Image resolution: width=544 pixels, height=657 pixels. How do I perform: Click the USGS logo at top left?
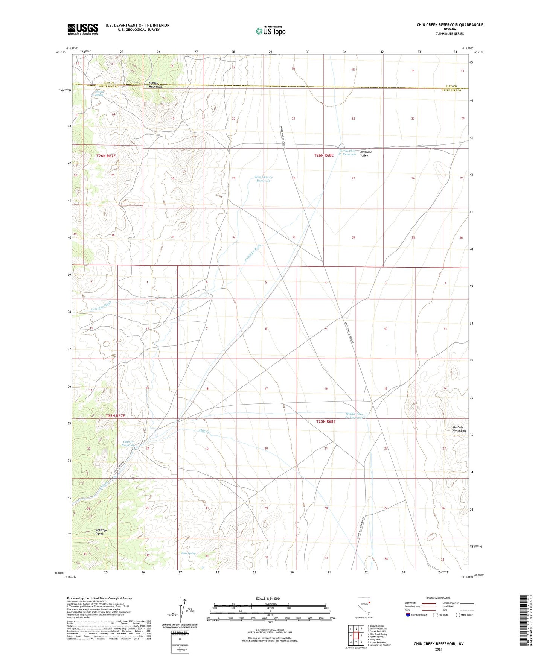pos(82,29)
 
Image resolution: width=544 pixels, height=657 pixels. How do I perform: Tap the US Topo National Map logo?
pos(270,30)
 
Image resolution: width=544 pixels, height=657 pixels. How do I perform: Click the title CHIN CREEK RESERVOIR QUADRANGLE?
pos(450,25)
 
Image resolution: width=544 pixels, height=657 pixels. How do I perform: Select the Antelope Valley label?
pos(366,153)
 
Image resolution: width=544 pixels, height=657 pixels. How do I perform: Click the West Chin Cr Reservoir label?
pos(263,179)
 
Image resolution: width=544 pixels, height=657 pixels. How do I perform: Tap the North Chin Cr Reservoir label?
pos(347,152)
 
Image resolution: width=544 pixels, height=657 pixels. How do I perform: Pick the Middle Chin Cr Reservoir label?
pos(355,416)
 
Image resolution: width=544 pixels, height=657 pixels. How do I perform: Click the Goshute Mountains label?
pos(459,429)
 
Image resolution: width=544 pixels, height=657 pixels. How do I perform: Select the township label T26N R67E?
pos(106,155)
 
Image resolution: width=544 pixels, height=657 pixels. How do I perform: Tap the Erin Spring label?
pos(188,553)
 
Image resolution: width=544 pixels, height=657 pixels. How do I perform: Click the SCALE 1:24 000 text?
pos(268,598)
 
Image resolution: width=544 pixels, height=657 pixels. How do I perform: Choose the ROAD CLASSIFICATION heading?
pos(439,598)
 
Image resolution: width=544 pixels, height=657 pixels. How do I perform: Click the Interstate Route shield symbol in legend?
pos(408,615)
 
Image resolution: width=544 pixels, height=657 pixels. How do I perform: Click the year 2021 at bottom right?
pos(439,649)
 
